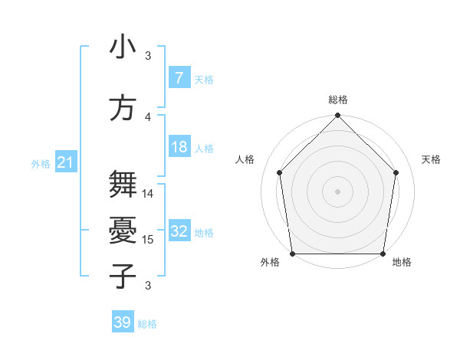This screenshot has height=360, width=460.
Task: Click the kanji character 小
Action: pyautogui.click(x=123, y=47)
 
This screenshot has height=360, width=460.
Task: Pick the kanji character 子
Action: pyautogui.click(x=123, y=276)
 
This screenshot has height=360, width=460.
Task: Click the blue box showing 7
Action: pyautogui.click(x=179, y=78)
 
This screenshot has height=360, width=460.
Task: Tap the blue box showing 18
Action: pyautogui.click(x=179, y=147)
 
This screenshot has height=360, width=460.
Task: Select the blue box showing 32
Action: pyautogui.click(x=179, y=231)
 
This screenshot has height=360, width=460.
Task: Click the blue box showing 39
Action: pyautogui.click(x=122, y=322)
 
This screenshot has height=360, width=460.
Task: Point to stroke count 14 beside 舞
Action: pyautogui.click(x=149, y=194)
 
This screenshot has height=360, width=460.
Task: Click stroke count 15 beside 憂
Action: pyautogui.click(x=149, y=240)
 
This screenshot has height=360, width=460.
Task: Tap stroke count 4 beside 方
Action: pyautogui.click(x=149, y=117)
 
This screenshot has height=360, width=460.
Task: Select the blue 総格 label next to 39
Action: pyautogui.click(x=147, y=324)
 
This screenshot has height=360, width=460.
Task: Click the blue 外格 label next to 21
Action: pyautogui.click(x=40, y=164)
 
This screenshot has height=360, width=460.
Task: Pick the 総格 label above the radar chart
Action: pyautogui.click(x=338, y=100)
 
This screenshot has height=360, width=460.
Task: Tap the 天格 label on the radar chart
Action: pyautogui.click(x=432, y=159)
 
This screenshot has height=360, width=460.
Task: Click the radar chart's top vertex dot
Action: pyautogui.click(x=338, y=116)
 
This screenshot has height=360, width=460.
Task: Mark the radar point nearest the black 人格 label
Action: pyautogui.click(x=279, y=172)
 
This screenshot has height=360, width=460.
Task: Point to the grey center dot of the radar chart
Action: pyautogui.click(x=338, y=191)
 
